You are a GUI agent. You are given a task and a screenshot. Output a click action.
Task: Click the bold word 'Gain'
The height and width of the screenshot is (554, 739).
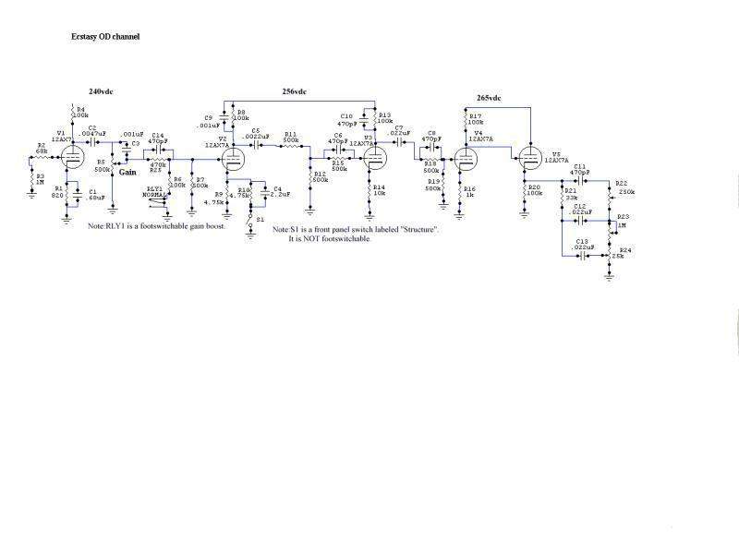tap(128, 173)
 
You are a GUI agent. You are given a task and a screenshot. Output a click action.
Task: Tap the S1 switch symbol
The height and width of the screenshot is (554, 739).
tap(250, 220)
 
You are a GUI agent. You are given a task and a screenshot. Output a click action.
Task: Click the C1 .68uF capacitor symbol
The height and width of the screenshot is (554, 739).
tap(79, 196)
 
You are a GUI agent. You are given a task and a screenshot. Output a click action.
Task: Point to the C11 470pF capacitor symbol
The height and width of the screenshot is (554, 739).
tap(579, 180)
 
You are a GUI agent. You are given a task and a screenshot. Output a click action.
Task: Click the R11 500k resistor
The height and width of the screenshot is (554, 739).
tap(289, 144)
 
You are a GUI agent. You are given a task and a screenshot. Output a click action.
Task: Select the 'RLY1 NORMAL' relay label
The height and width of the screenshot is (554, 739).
tap(152, 192)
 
